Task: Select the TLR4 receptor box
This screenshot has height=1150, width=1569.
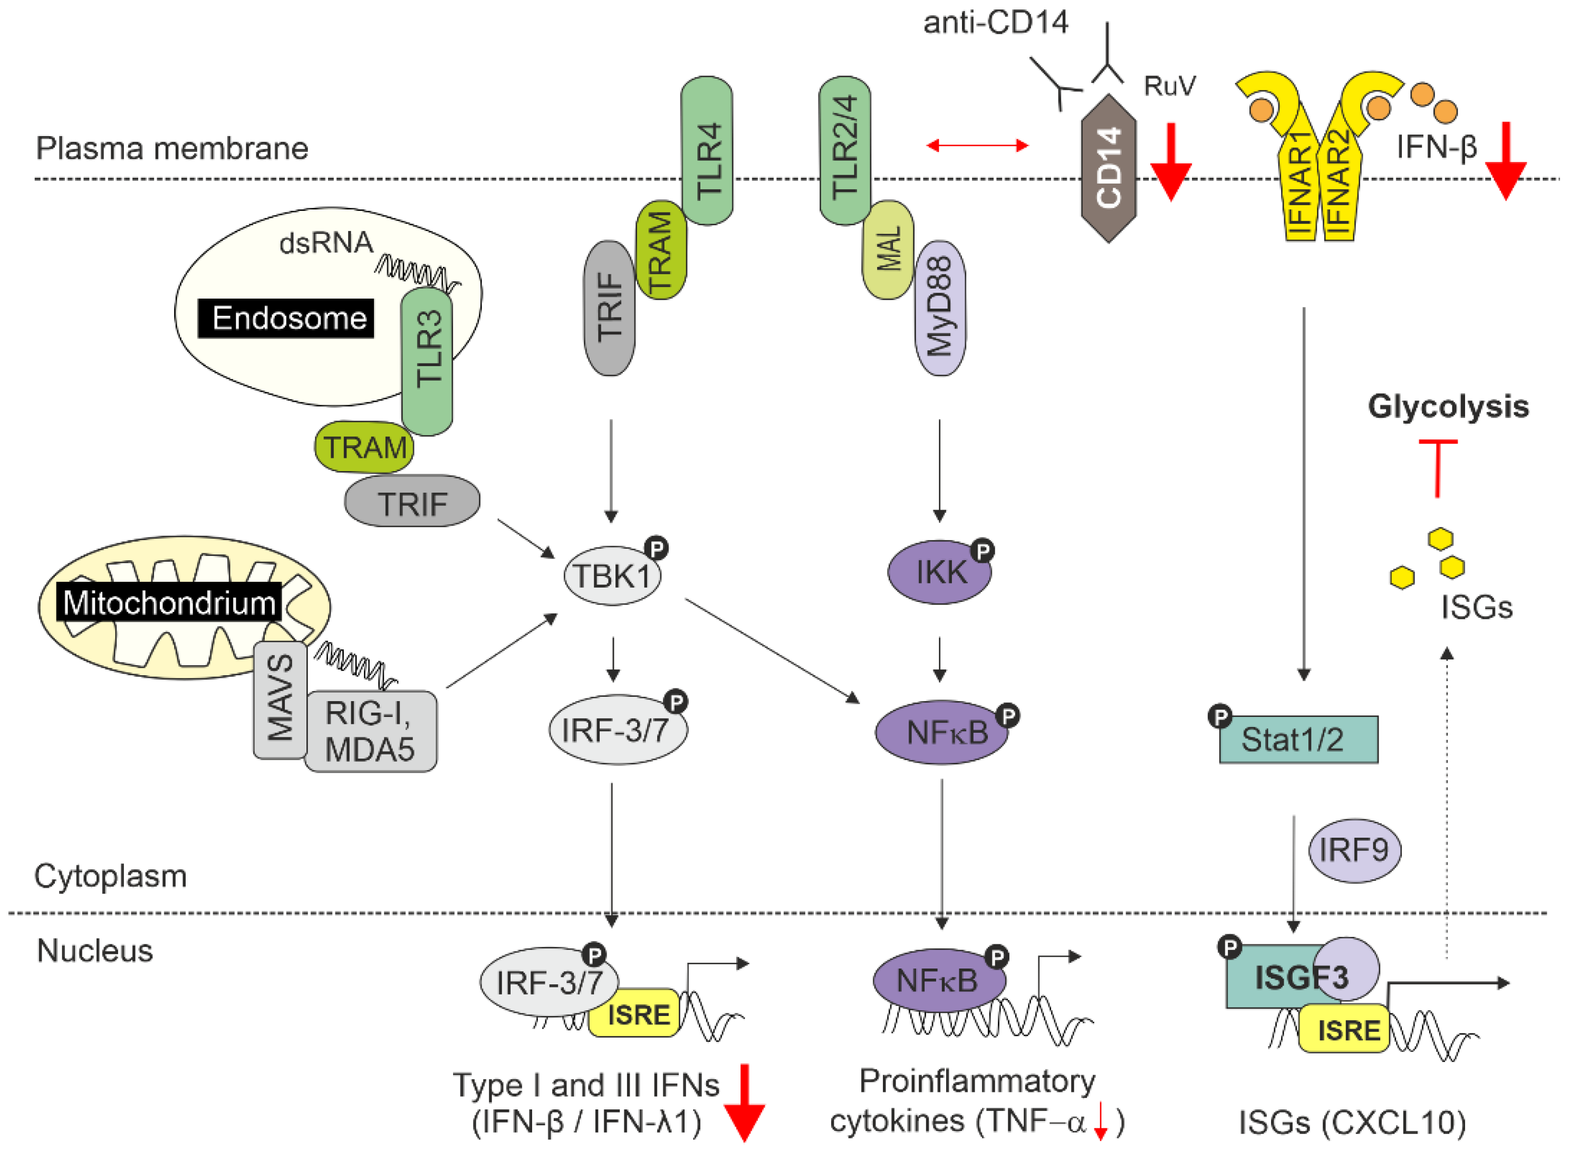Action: [706, 150]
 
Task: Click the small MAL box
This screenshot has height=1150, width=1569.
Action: [888, 249]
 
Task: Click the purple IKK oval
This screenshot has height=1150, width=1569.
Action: [939, 572]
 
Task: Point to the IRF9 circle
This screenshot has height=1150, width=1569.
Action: [1353, 850]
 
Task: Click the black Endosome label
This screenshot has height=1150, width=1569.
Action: [286, 318]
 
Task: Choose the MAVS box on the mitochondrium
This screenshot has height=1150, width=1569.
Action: [280, 699]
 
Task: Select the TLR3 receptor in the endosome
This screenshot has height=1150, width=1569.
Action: [427, 362]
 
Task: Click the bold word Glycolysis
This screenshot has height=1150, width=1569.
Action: [1447, 406]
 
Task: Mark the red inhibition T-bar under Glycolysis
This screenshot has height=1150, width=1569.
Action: [1438, 466]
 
